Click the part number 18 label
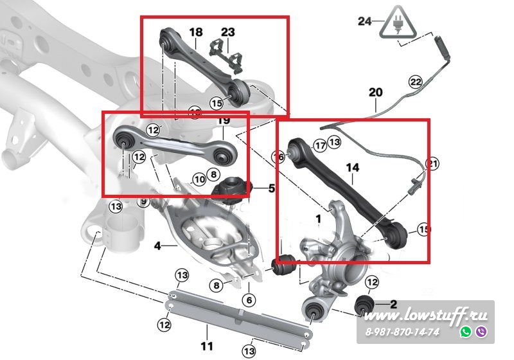(196, 32)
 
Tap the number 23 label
(228, 32)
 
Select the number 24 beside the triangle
(365, 21)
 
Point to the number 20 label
(375, 93)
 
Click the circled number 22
(416, 82)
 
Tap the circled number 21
(432, 165)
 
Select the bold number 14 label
(352, 168)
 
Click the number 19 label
(224, 121)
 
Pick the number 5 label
(271, 189)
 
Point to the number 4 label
(157, 245)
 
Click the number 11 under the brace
(206, 346)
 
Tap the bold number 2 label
(393, 303)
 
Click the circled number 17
(319, 146)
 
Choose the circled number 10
(199, 179)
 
